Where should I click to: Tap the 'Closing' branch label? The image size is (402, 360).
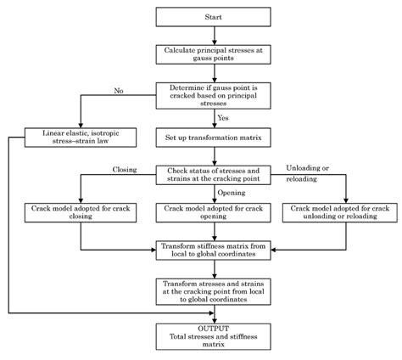click(x=125, y=169)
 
